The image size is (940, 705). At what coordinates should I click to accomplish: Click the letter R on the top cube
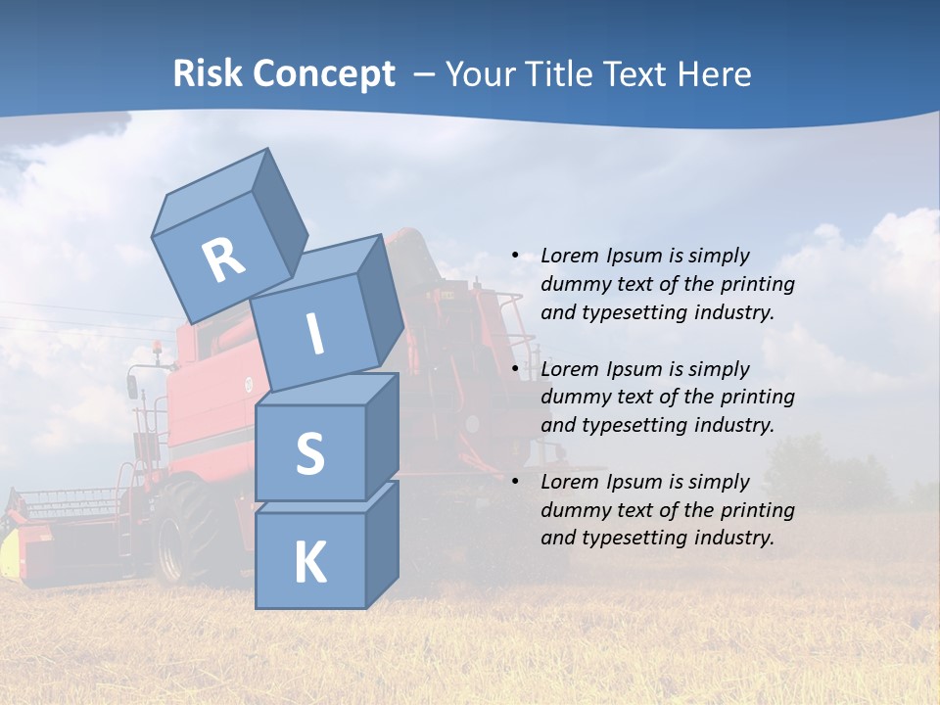point(223,260)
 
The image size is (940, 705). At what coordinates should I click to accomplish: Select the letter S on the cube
point(309,453)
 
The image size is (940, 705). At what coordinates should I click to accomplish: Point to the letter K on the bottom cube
point(310,563)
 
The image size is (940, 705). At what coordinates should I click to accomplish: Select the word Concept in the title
point(325,73)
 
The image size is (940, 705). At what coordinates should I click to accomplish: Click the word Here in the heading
point(713,73)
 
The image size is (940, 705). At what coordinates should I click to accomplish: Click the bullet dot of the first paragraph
point(516,256)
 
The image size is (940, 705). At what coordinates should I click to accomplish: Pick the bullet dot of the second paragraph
point(516,369)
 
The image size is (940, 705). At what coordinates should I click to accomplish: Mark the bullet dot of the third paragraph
point(516,482)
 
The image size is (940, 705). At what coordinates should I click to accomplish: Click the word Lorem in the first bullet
point(568,256)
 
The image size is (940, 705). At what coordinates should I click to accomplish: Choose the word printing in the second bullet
point(758,398)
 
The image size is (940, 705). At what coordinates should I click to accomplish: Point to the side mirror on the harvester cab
point(132,385)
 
